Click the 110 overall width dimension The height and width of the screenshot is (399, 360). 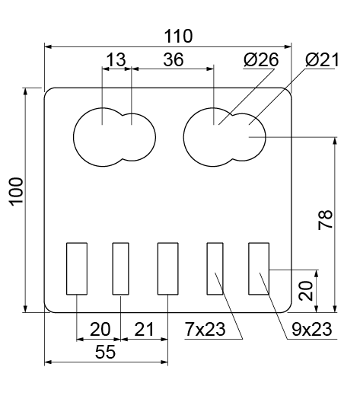click(x=178, y=37)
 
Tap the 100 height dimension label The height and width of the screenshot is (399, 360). click(x=17, y=191)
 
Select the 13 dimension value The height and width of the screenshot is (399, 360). click(x=116, y=59)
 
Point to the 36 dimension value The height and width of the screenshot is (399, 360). click(x=174, y=59)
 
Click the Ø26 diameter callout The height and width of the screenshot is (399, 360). click(x=261, y=60)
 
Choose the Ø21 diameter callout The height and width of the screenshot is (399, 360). click(x=322, y=60)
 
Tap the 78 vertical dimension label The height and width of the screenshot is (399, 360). click(x=326, y=220)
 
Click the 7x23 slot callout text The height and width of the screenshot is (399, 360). click(x=205, y=329)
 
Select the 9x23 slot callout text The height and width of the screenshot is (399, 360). click(x=312, y=329)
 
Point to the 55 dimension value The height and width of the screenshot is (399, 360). click(x=105, y=353)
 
